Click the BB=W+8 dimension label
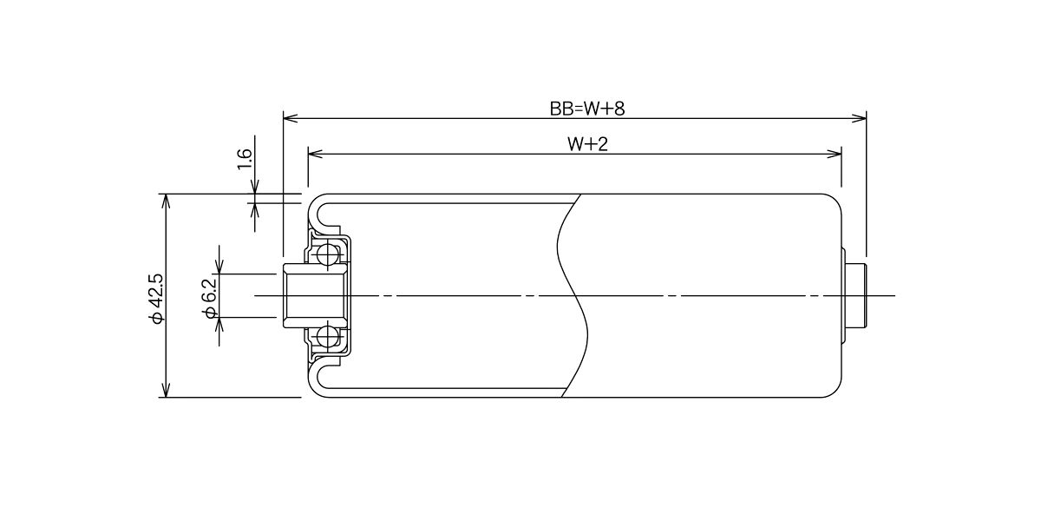point(587,109)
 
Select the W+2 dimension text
point(587,144)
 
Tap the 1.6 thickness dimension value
point(245,159)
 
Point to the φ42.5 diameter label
point(157,298)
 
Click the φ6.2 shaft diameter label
point(210,298)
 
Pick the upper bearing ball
point(328,254)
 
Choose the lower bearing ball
point(328,336)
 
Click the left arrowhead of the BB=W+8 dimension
point(291,118)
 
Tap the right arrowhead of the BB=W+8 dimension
point(860,118)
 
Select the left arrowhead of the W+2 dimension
point(316,154)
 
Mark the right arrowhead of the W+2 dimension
point(835,154)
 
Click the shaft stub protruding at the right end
point(855,296)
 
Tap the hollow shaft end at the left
point(315,295)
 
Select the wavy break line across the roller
point(572,296)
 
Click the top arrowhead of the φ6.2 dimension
point(219,267)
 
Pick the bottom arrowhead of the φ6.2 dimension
point(219,325)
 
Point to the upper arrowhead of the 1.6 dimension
point(254,187)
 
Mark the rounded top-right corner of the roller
point(835,200)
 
